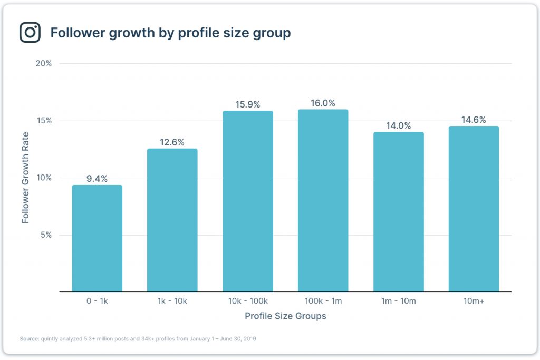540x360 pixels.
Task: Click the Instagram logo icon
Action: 30,33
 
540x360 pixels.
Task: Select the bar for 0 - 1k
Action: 97,238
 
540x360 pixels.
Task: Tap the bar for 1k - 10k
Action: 172,220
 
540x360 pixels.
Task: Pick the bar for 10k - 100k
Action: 248,201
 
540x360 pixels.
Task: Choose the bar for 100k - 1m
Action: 323,201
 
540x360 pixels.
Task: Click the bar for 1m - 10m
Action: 398,212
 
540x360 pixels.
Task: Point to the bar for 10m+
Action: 474,209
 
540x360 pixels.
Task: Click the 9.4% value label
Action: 97,179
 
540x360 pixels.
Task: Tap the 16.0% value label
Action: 323,103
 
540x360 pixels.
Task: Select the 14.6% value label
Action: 474,120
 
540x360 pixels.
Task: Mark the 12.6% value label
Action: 172,142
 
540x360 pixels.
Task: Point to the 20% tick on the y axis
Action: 44,64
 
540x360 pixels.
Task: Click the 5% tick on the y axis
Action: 46,235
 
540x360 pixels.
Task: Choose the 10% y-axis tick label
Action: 44,178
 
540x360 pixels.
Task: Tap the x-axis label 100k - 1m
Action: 323,301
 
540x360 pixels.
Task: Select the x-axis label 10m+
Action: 474,301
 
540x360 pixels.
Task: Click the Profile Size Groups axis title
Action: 285,316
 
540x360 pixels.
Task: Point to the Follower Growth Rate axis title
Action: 25,178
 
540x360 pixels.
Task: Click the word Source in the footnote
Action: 30,338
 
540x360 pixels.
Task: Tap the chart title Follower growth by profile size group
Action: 170,33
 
